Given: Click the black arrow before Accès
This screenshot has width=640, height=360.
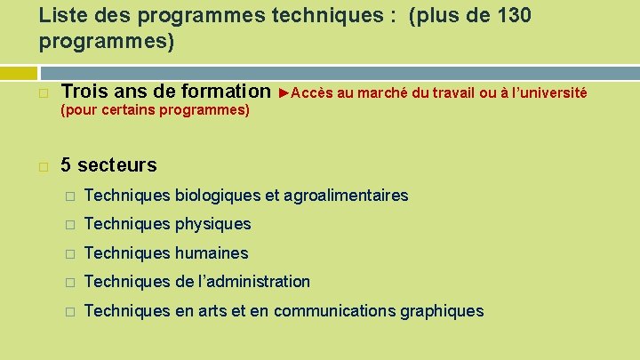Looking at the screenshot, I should point(284,92).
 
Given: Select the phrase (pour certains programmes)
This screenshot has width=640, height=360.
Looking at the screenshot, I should point(155,111).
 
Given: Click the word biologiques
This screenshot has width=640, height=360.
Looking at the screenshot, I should point(218,196).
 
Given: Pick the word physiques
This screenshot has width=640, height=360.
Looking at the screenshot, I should point(213,224).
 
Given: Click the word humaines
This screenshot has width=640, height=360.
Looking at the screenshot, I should point(212,253).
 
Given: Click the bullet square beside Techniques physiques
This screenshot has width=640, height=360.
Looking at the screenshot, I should point(69,224).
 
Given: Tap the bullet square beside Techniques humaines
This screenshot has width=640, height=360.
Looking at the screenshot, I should point(69,253).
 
